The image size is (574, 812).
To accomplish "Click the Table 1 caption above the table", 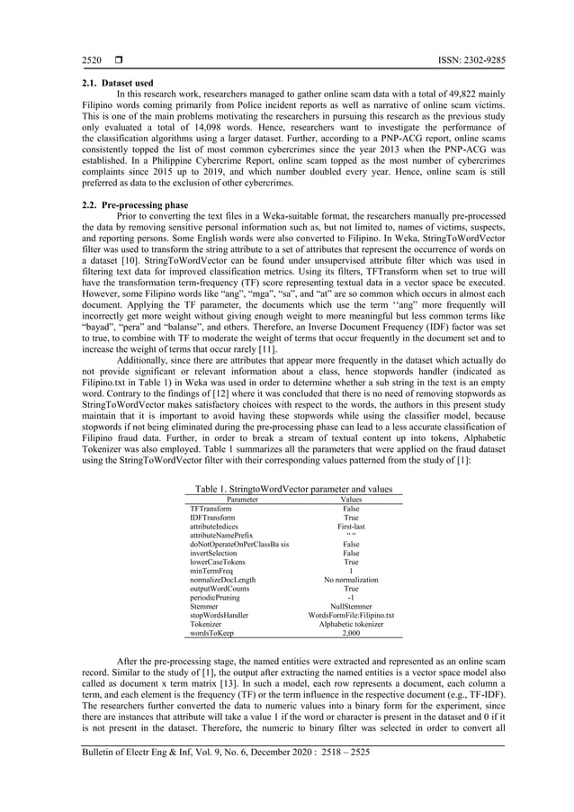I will click(x=293, y=489).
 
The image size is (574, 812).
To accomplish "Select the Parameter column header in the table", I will click(x=242, y=499).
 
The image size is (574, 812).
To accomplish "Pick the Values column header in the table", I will click(x=351, y=499).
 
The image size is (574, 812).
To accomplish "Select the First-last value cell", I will click(x=351, y=528).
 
